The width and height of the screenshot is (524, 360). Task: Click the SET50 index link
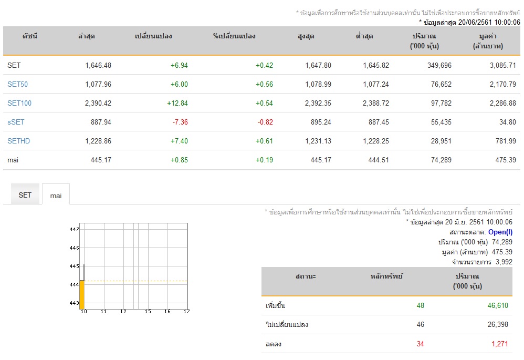pos(18,84)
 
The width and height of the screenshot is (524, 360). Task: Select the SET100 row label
pos(19,103)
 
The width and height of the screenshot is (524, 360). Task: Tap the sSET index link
pos(16,122)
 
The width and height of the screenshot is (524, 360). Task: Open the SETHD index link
pos(19,141)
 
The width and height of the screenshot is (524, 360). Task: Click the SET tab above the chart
pos(25,195)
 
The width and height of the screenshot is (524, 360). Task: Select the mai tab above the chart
pos(56,196)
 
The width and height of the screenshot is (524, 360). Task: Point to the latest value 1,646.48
pos(98,65)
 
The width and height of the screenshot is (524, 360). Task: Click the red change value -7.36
pos(180,122)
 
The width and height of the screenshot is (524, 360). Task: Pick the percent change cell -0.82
pos(265,122)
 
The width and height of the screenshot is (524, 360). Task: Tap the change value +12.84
pos(177,103)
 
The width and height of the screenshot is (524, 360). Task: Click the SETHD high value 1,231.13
pos(318,141)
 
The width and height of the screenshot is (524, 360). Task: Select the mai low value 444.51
pos(379,160)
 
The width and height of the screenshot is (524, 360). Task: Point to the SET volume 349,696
pos(439,65)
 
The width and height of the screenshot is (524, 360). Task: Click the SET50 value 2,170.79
pos(503,84)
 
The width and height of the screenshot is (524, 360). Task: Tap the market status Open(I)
pos(500,232)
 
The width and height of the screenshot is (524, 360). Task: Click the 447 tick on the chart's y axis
pos(74,229)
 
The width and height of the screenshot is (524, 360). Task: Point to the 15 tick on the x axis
pos(148,312)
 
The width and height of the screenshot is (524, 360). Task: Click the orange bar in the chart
pos(82,295)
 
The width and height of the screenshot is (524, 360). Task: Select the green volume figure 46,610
pos(498,305)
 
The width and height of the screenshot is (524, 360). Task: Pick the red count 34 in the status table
pos(421,344)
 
